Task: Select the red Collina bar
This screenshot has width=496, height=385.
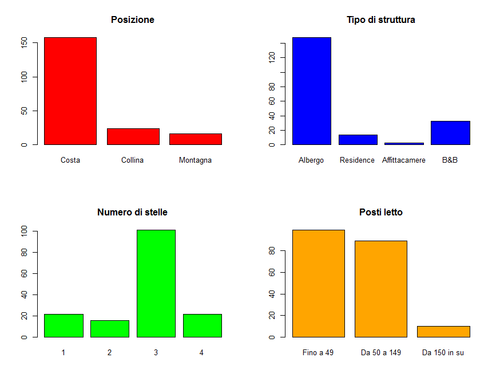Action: coord(133,136)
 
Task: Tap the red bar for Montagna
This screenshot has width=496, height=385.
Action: coord(195,139)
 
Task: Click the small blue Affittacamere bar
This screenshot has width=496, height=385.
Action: coord(404,143)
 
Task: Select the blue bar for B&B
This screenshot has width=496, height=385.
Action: coord(450,132)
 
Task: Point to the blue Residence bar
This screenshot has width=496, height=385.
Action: coord(358,139)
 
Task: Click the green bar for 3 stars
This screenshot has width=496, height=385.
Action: coord(156,283)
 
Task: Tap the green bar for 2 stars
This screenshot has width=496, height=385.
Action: coord(109,328)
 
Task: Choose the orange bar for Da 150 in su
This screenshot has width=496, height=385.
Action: coord(443,331)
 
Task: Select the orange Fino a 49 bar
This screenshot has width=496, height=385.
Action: coord(318,283)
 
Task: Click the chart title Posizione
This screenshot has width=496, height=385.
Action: coord(132,20)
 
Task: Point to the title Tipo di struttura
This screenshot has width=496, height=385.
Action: coord(380,20)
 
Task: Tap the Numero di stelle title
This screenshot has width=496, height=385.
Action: coord(132,213)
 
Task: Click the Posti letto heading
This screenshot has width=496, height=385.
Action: coord(380,213)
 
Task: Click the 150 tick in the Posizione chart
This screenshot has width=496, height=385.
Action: coord(24,43)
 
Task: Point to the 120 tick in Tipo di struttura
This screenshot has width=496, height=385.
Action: coord(272,57)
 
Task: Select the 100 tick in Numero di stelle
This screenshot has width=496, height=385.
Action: coord(24,231)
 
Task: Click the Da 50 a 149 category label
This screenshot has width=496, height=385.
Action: coord(380,353)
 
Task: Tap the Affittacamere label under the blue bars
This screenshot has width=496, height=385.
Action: coord(404,160)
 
